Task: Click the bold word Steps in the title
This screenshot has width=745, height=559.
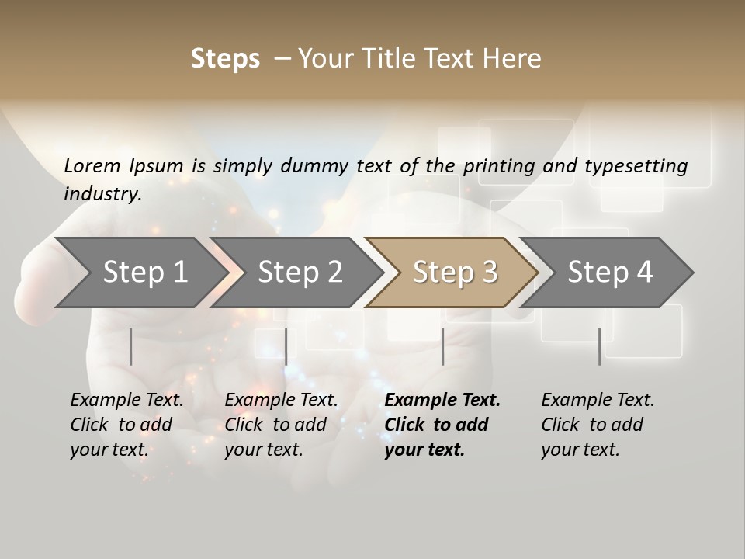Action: (225, 59)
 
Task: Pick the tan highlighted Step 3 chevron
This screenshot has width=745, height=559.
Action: (454, 272)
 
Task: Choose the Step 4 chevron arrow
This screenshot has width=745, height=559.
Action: (610, 272)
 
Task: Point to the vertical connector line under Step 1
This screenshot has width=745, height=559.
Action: (130, 346)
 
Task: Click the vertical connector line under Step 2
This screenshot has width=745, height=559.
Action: (286, 346)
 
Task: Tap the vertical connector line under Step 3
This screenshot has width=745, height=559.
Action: (442, 346)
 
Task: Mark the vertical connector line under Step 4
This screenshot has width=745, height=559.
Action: (599, 346)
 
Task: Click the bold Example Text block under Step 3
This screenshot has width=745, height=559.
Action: (442, 425)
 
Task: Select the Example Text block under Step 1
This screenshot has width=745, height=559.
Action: (126, 425)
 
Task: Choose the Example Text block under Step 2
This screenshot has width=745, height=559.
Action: (281, 425)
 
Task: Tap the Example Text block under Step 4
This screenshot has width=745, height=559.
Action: (598, 425)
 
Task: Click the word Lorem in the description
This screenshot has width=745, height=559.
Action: (92, 166)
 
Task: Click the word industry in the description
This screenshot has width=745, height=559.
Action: (102, 194)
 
